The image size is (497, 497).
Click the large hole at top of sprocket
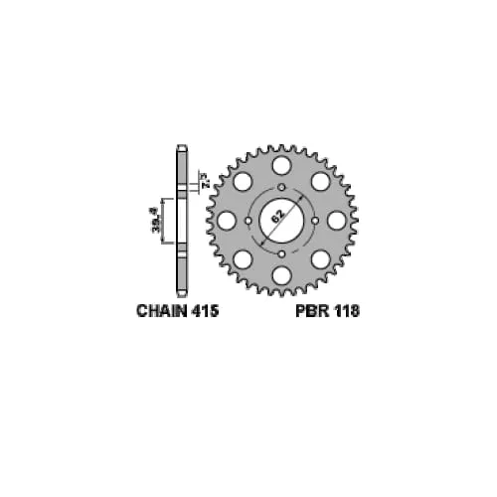tap(281, 165)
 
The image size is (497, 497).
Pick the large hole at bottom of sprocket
tap(281, 275)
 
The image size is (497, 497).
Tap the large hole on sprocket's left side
tap(227, 220)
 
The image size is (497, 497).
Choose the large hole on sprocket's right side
tap(337, 220)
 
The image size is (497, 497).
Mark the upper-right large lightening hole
tap(320, 181)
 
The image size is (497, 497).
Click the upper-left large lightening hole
tap(243, 181)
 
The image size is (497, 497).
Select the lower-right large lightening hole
tap(320, 258)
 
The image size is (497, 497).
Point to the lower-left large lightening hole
tap(243, 258)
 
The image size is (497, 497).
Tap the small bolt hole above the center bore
tap(281, 187)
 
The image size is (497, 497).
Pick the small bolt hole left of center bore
tap(248, 220)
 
